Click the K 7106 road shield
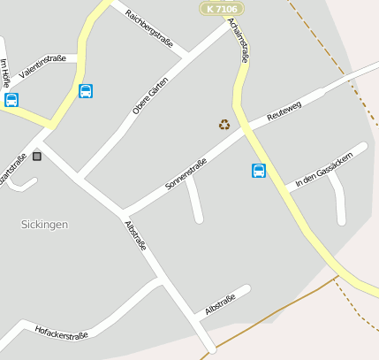pyautogui.click(x=222, y=8)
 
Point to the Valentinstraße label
pyautogui.click(x=42, y=66)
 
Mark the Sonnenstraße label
pyautogui.click(x=186, y=173)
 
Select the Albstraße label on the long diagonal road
pyautogui.click(x=135, y=235)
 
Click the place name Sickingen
pyautogui.click(x=44, y=225)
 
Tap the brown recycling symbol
pyautogui.click(x=224, y=125)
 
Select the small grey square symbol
pyautogui.click(x=36, y=157)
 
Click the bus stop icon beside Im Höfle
pyautogui.click(x=11, y=100)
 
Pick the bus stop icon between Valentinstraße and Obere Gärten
pyautogui.click(x=86, y=91)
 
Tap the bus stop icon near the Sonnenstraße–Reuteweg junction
pyautogui.click(x=259, y=171)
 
